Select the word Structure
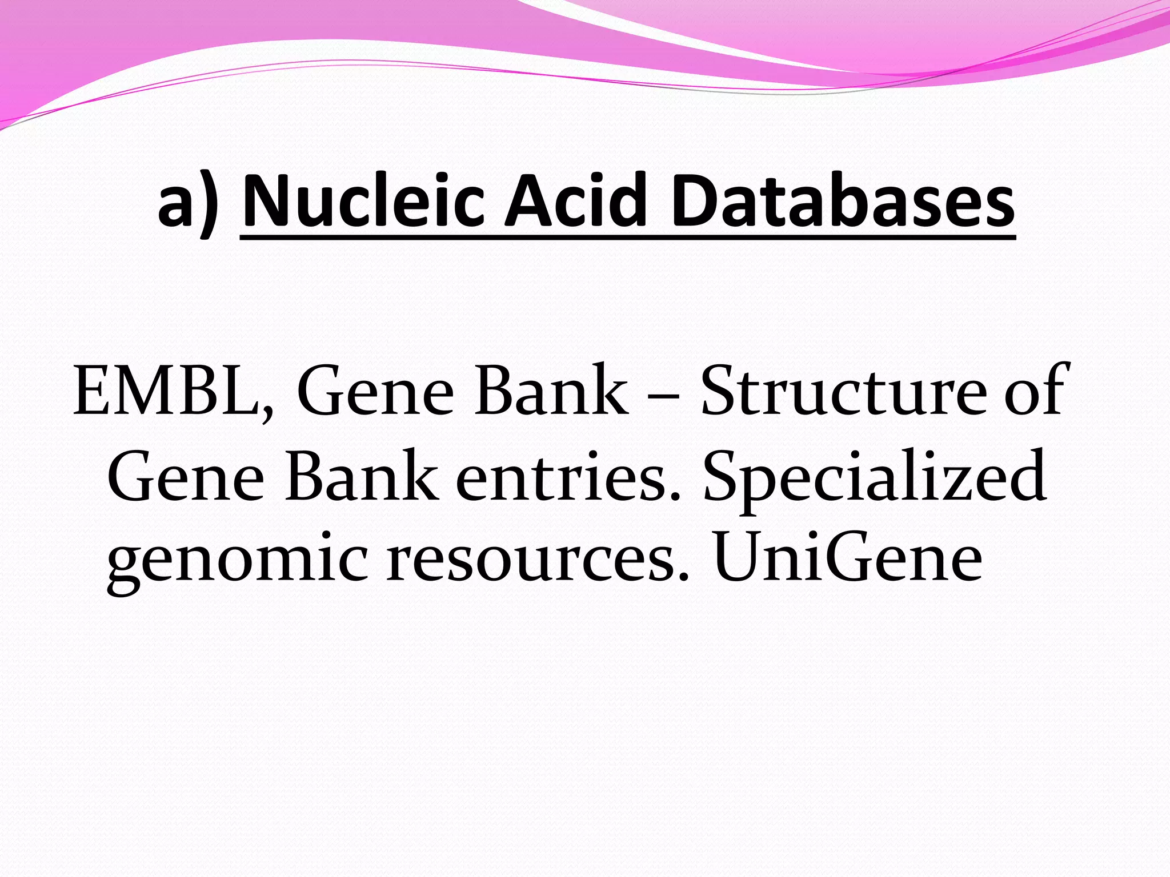coord(843,392)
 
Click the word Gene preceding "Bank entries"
coord(186,476)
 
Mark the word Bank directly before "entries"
coord(362,476)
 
